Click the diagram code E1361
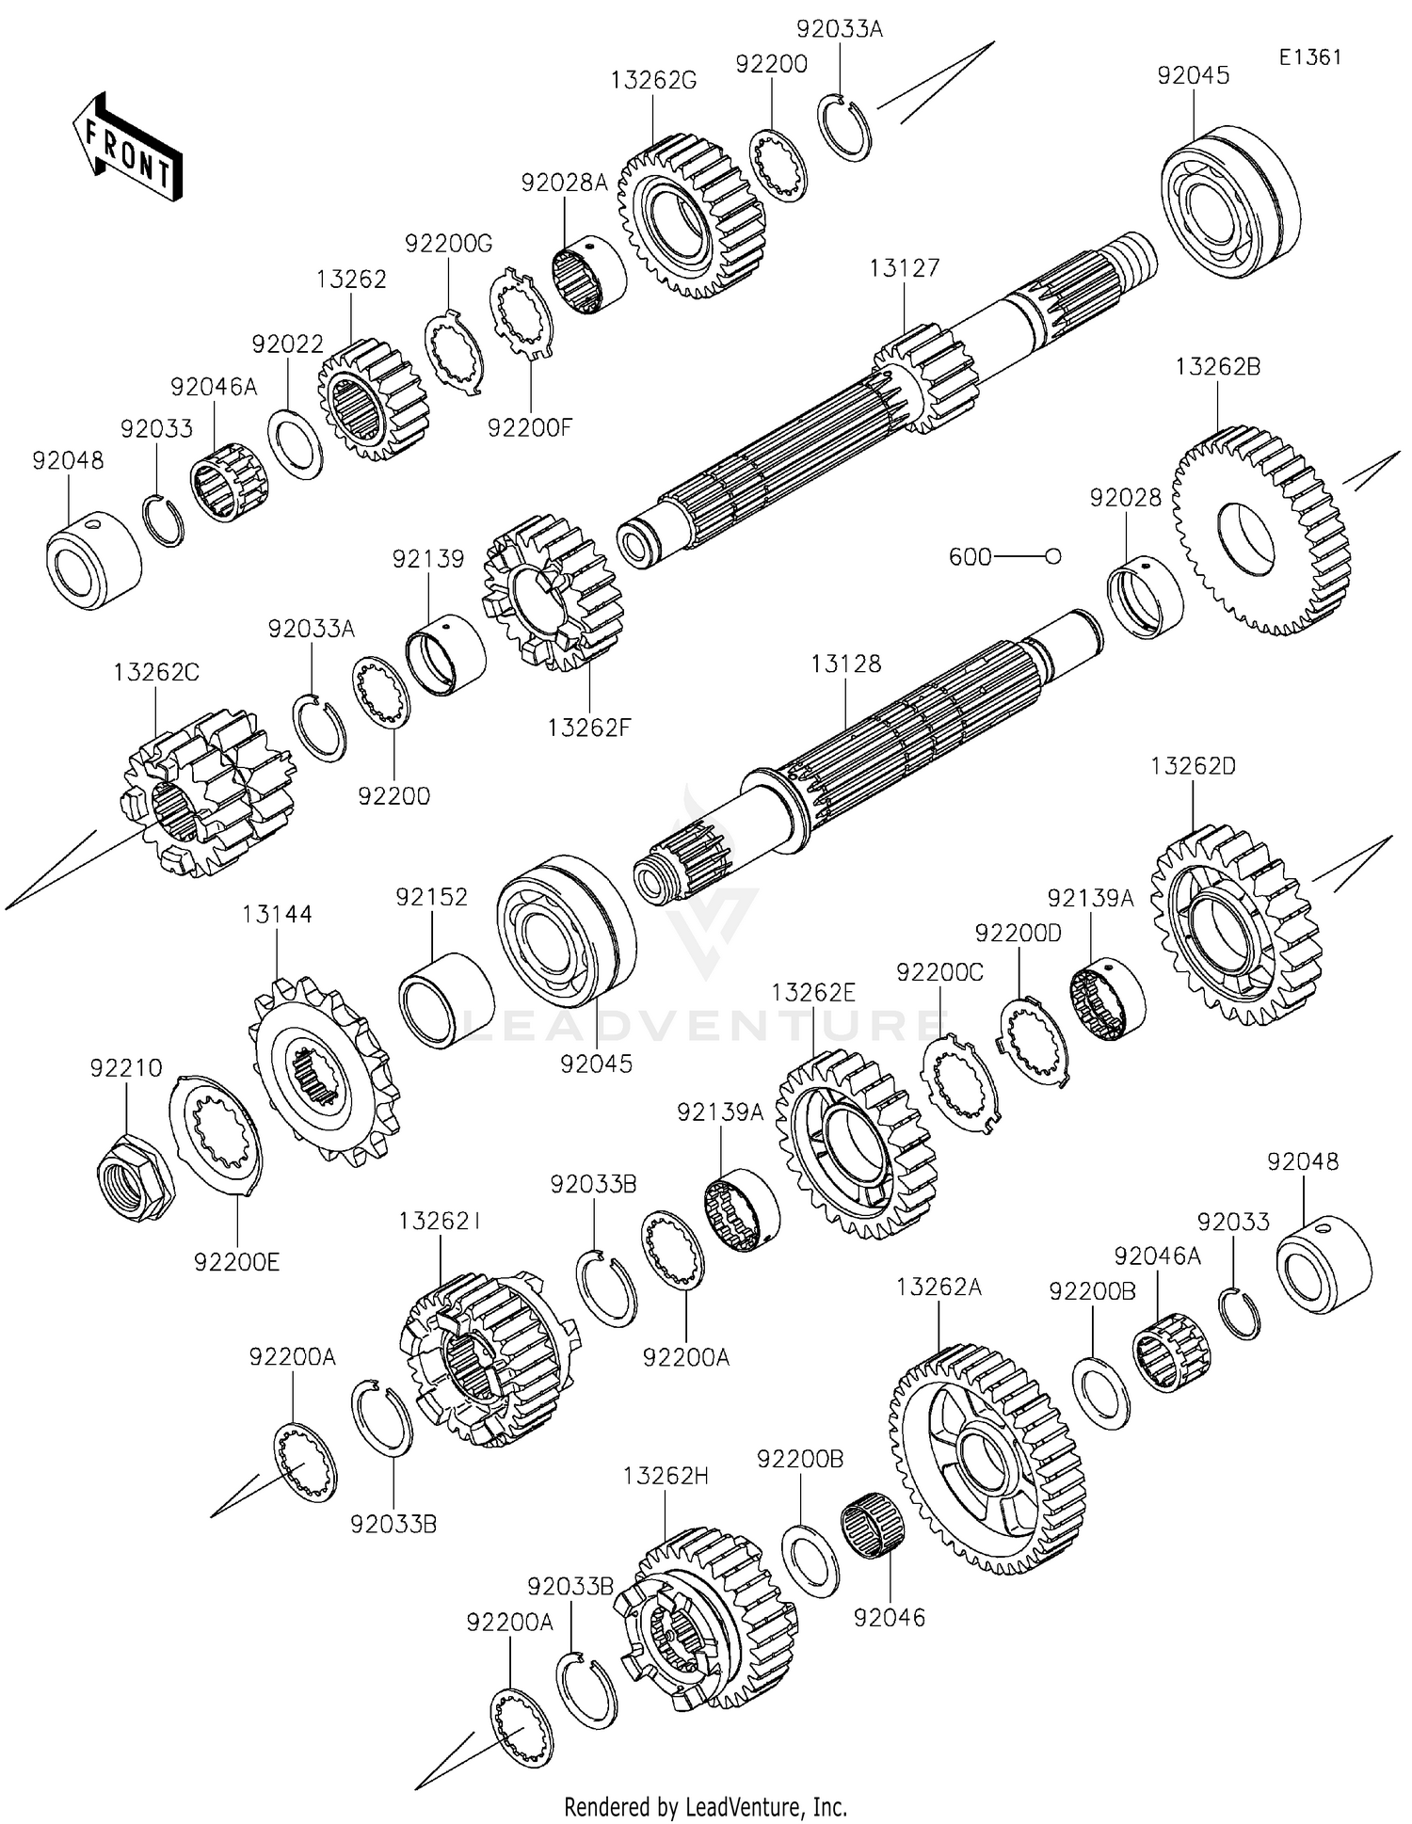pos(1309,57)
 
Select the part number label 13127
pos(904,268)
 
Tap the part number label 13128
pos(846,664)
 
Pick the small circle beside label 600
pos(1053,557)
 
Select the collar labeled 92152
pos(446,1000)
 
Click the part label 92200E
pos(237,1262)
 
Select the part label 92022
pos(287,344)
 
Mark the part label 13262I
pos(440,1221)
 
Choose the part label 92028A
pos(565,183)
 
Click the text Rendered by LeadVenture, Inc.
pos(705,1806)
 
